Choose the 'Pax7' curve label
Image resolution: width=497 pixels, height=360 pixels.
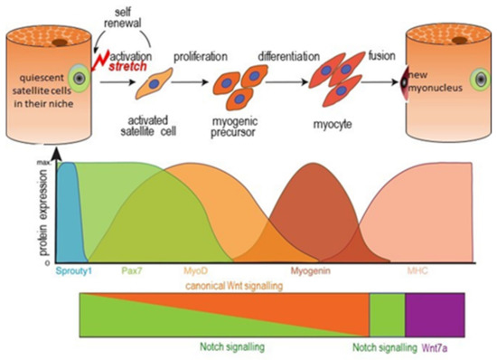click(x=132, y=270)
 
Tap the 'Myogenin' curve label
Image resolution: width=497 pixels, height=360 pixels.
click(x=312, y=270)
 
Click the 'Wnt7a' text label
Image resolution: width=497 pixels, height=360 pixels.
click(x=439, y=346)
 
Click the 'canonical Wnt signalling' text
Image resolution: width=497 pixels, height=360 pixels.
click(x=230, y=285)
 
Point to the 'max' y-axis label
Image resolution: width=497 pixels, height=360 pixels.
click(x=42, y=160)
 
